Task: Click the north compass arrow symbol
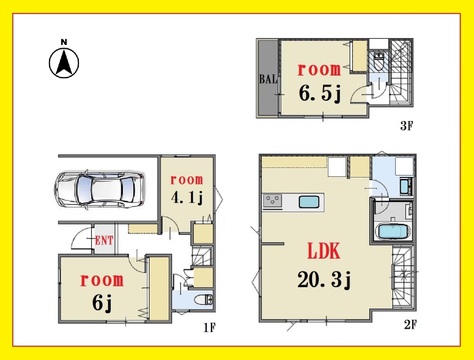(64, 63)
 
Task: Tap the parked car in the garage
(100, 190)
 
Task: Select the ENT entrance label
(104, 240)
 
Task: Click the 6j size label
(102, 302)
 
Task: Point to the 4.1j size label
(187, 198)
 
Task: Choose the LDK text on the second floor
(324, 252)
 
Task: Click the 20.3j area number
(324, 280)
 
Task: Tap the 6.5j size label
(320, 93)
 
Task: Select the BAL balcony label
(268, 79)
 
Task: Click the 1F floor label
(210, 328)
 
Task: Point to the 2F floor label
(411, 324)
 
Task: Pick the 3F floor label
(407, 126)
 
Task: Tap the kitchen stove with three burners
(273, 201)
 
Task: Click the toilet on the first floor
(203, 300)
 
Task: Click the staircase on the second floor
(402, 277)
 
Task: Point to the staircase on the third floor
(401, 73)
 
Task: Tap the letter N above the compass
(64, 42)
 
